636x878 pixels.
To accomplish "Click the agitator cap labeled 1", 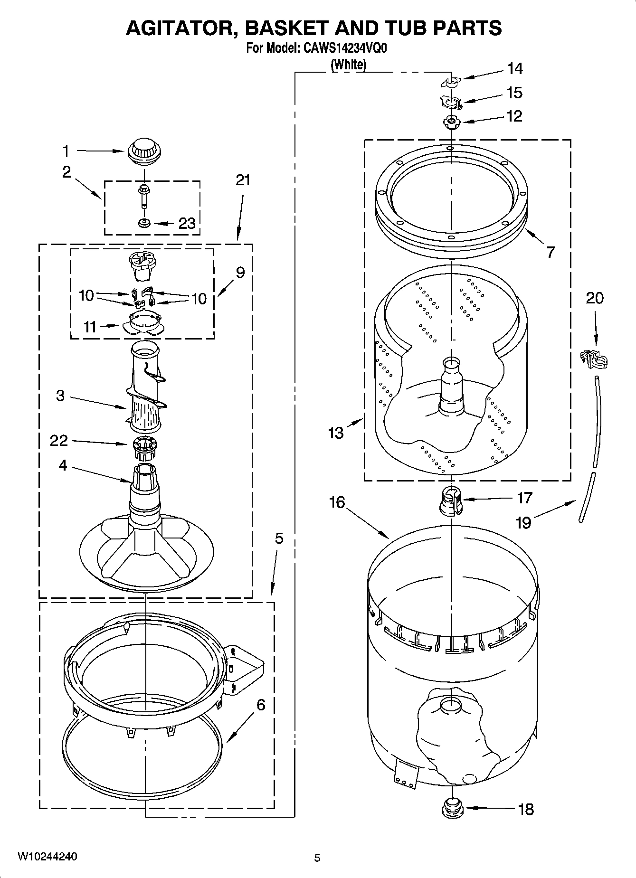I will click(x=143, y=151).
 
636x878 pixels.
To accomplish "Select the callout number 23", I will click(x=187, y=223).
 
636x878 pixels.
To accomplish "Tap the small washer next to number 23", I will click(x=143, y=223).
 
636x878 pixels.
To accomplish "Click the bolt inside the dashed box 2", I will click(x=142, y=197).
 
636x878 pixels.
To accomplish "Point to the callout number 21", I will click(x=243, y=180).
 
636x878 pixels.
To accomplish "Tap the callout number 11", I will click(x=90, y=327).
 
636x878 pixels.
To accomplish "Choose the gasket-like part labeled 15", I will click(x=451, y=102).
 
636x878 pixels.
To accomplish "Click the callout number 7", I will click(x=550, y=252).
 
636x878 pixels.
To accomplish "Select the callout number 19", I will click(x=523, y=522).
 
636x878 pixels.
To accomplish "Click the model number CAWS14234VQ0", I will click(x=345, y=48).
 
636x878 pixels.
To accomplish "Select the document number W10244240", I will click(x=47, y=856).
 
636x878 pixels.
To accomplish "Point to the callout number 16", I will click(x=337, y=502).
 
